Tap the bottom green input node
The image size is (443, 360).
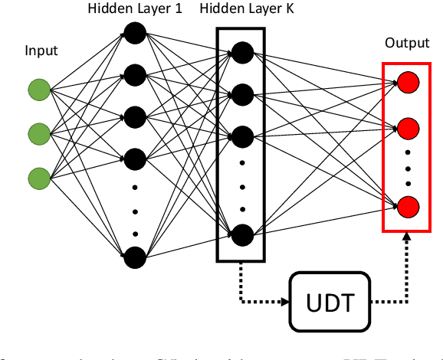pos(39,178)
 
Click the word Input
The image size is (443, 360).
pos(41,51)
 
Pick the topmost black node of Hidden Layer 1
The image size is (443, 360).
pos(135,33)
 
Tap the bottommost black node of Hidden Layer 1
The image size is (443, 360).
pos(135,257)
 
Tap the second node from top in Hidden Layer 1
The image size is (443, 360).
pos(135,75)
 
